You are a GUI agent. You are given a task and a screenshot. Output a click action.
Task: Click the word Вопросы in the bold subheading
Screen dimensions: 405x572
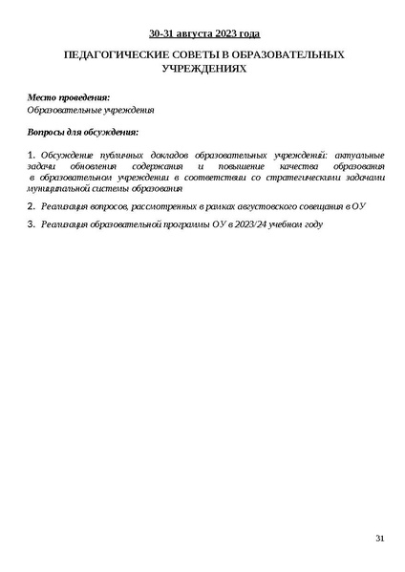49,133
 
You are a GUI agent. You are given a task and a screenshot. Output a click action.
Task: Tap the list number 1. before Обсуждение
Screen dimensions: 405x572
32,155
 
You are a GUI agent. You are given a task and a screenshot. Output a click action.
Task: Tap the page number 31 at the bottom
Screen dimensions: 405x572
379,540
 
